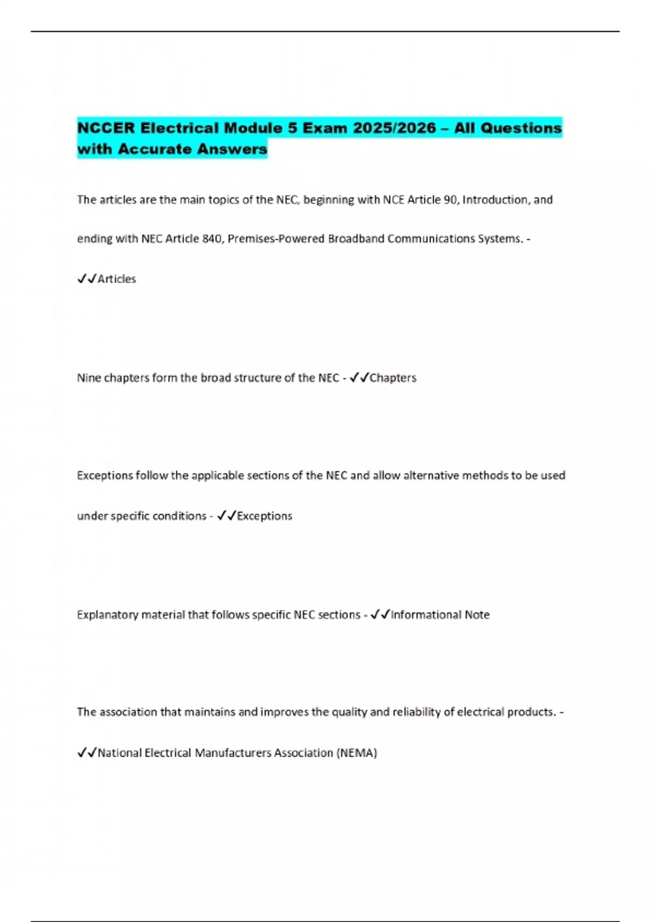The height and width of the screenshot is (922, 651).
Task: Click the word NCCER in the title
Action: (106, 129)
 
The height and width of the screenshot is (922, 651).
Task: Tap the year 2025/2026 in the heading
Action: (394, 129)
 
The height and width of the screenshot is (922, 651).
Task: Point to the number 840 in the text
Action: (212, 239)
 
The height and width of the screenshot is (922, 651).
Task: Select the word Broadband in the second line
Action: (356, 239)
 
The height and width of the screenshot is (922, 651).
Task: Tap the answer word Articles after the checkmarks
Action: (117, 279)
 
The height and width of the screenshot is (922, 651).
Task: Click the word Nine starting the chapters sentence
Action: (88, 378)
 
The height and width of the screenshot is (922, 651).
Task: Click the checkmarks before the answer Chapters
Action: (359, 377)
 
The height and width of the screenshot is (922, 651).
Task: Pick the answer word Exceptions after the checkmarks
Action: (265, 516)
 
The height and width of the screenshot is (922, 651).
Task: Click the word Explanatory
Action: (107, 615)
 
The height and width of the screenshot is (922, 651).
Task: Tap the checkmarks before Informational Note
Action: (380, 614)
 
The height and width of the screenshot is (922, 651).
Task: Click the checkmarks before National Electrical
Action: (87, 753)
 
